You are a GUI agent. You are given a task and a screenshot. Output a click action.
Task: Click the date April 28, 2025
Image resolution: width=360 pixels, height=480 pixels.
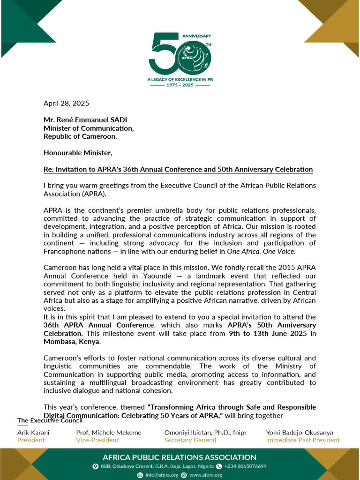pos(66,103)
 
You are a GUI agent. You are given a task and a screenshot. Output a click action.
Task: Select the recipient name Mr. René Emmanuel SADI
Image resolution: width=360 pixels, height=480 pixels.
pos(85,120)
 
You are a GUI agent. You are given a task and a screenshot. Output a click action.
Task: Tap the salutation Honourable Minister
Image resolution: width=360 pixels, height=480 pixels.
pos(78,153)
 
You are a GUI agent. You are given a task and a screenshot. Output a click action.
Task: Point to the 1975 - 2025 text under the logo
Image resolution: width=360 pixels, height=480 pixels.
pos(180,86)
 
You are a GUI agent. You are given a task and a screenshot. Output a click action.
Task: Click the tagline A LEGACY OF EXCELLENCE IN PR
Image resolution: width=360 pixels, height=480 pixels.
pos(180,80)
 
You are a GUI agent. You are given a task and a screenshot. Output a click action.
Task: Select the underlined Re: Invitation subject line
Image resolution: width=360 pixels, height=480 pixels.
pos(178,169)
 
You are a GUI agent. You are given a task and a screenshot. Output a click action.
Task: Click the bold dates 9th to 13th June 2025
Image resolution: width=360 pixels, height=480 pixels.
pos(267,334)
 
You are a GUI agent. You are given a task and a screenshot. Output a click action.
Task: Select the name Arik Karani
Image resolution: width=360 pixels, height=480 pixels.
pos(33,433)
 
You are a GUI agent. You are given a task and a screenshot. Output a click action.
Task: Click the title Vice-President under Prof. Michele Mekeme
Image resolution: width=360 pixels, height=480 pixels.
pos(97,440)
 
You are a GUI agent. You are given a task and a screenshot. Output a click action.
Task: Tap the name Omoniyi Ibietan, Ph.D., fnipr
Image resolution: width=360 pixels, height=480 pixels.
pos(205,433)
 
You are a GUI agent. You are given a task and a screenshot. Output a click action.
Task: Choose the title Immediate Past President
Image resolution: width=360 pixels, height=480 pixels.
pos(303,440)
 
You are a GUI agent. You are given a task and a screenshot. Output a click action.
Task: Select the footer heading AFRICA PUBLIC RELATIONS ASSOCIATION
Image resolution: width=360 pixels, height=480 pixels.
pos(180,457)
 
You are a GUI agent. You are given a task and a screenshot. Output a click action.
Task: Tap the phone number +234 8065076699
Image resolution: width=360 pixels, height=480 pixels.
pos(246,466)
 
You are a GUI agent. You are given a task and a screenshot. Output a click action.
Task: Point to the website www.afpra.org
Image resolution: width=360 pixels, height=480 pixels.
pos(205,475)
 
